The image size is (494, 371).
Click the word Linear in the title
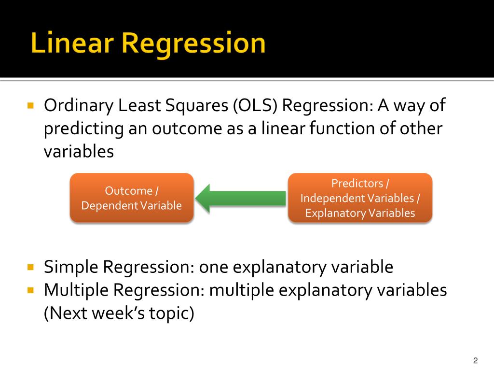coord(72,43)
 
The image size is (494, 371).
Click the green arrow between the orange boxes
coord(240,199)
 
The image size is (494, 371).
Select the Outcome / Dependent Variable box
coord(132,198)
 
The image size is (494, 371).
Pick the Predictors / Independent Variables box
coord(360,198)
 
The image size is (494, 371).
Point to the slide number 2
coord(475,360)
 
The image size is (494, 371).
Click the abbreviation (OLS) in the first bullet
coord(255,105)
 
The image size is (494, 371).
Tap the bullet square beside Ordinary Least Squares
coord(30,105)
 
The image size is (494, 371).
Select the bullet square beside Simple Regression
coord(30,267)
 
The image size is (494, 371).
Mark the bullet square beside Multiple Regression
coord(30,290)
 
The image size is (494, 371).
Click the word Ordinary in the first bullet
coord(79,106)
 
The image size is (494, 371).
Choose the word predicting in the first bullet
coord(84,129)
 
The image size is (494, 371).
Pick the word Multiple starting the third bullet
coord(76,290)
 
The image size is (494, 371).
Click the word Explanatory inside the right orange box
coord(335,213)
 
